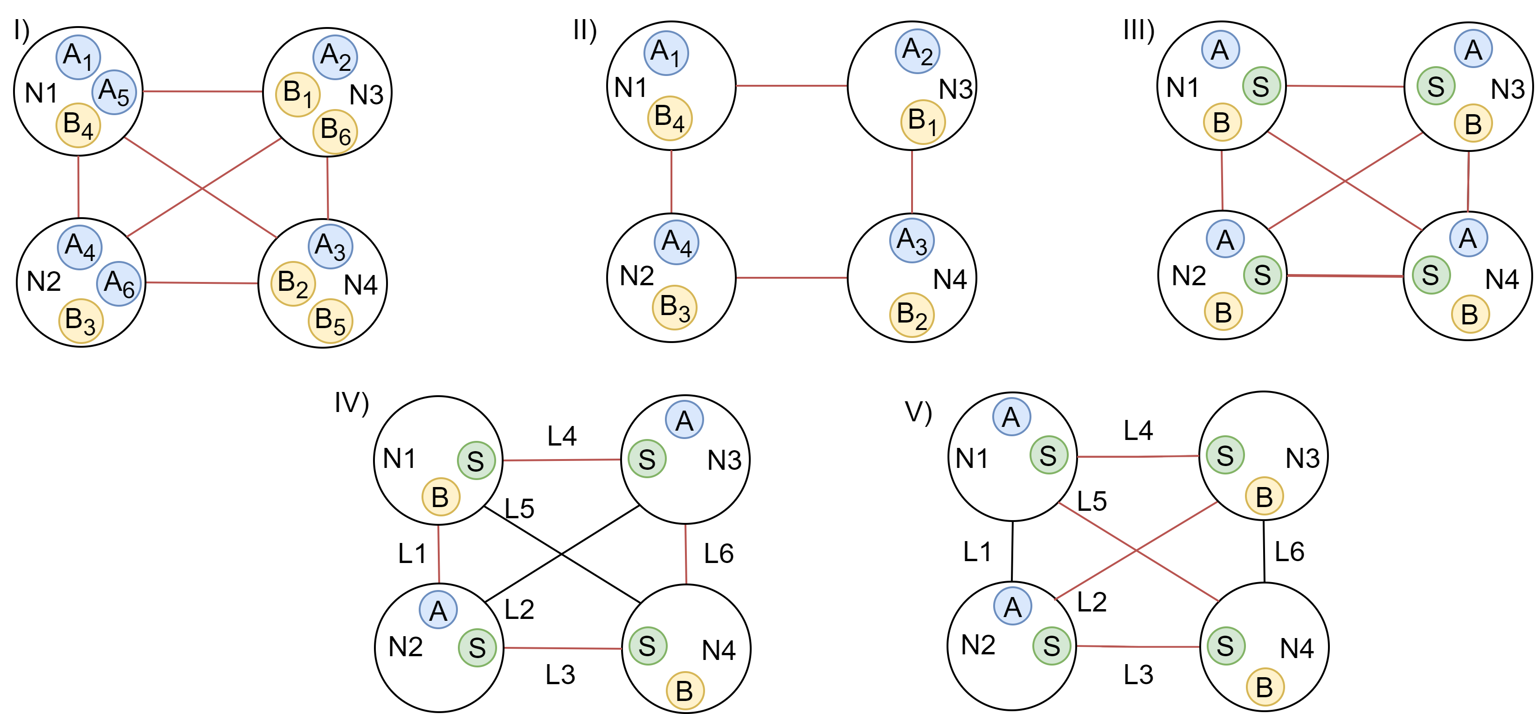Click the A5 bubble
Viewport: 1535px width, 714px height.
[x=114, y=92]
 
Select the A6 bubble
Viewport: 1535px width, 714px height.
[x=119, y=283]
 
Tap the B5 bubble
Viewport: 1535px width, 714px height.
[x=331, y=321]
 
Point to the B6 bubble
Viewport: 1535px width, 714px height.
[x=335, y=131]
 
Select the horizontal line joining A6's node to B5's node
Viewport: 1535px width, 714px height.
[x=202, y=283]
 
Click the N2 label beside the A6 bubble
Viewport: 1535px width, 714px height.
[x=44, y=281]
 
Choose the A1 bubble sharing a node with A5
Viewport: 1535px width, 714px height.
[x=78, y=56]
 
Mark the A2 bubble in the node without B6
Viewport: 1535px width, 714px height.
[x=918, y=51]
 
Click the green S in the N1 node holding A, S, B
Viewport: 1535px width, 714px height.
[x=1261, y=86]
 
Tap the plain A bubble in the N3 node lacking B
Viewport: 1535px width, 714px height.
[x=684, y=420]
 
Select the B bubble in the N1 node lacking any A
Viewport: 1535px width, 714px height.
[x=440, y=497]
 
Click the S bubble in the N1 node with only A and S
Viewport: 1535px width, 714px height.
[x=1048, y=455]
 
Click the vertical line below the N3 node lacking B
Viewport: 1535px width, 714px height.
[x=686, y=554]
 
